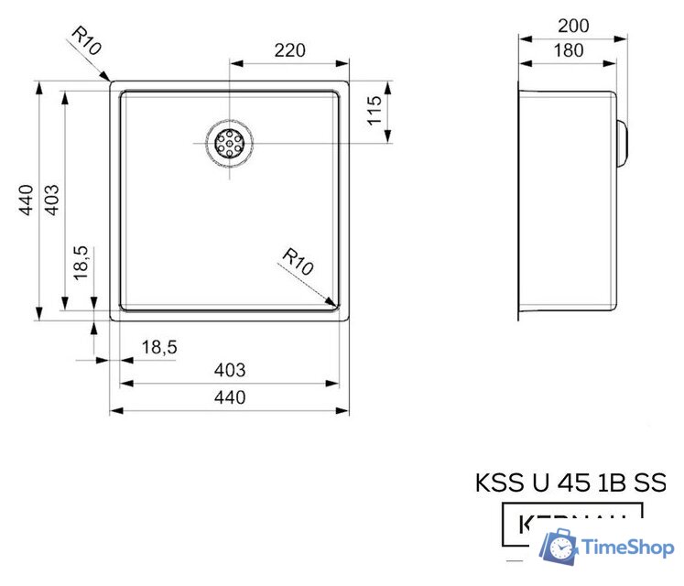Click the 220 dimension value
(289, 50)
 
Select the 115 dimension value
(374, 113)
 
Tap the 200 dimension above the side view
(573, 26)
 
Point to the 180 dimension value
(568, 51)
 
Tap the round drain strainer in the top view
(228, 143)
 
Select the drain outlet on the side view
(624, 143)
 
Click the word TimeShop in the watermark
(628, 548)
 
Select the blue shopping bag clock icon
(558, 548)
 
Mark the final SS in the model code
(650, 483)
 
